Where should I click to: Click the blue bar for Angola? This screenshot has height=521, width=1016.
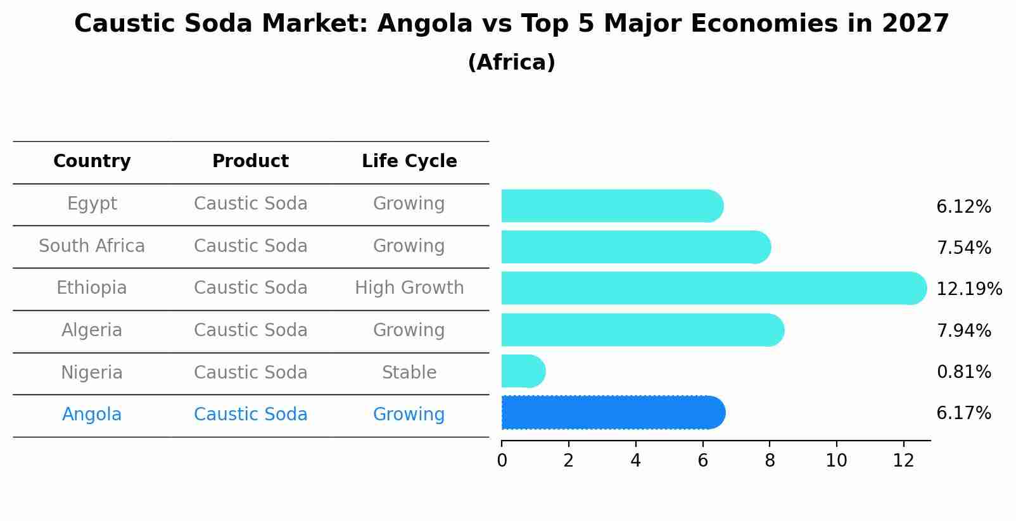point(612,413)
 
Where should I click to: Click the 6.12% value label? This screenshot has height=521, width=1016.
point(963,207)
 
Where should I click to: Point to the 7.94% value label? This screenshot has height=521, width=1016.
point(963,330)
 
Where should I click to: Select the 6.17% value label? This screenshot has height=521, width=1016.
point(963,413)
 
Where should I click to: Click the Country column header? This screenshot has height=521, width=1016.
point(92,161)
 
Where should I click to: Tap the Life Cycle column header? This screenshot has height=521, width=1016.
point(409,161)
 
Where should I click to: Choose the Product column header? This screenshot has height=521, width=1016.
point(250,161)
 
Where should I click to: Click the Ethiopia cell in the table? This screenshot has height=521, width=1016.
point(92,288)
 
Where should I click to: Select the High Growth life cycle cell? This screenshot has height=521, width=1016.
point(409,288)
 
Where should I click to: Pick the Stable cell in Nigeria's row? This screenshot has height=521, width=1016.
point(409,373)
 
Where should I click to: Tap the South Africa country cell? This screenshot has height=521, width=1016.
point(92,246)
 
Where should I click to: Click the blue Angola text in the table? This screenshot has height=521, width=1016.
point(92,415)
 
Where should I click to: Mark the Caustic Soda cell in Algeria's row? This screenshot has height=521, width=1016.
point(250,330)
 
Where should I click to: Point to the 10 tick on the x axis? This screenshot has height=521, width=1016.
point(836,460)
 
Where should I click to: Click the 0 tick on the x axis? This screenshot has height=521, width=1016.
point(502,460)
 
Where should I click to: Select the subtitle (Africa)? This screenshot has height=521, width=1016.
point(511,63)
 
